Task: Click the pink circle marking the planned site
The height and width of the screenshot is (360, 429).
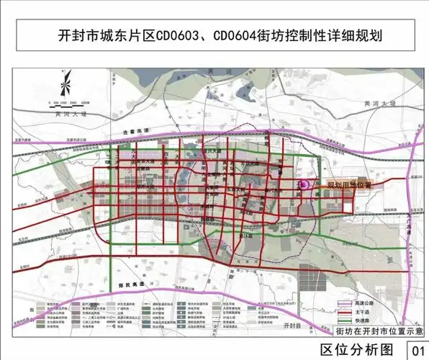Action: coord(304,185)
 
